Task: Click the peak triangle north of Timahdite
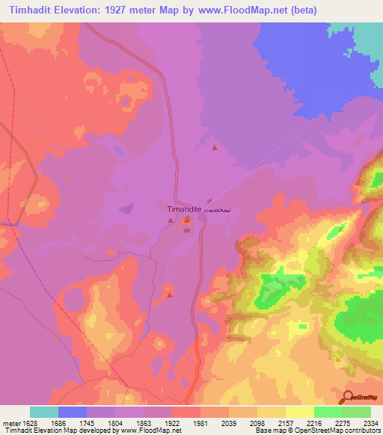(x=215, y=147)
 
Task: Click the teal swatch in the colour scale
(x=44, y=412)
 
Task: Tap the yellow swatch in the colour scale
(x=299, y=412)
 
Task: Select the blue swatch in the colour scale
(x=73, y=412)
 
